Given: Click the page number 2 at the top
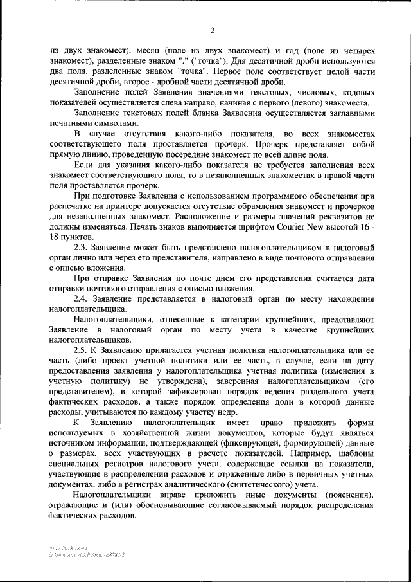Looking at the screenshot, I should pos(211,29).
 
